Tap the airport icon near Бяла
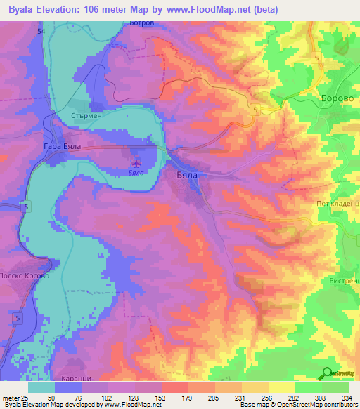(x=134, y=164)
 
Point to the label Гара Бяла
(x=63, y=147)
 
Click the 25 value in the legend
(x=25, y=398)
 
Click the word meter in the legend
(x=10, y=398)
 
